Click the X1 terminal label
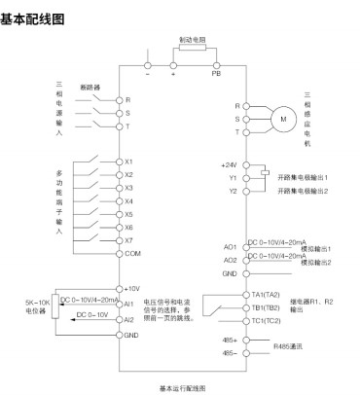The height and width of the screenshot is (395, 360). pyautogui.click(x=129, y=161)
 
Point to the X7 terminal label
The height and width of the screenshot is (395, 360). pyautogui.click(x=129, y=239)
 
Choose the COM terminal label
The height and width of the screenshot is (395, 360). pyautogui.click(x=132, y=253)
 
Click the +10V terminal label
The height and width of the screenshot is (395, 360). pyautogui.click(x=133, y=290)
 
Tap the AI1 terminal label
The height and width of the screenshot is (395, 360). pyautogui.click(x=130, y=304)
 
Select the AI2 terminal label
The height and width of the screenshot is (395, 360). pyautogui.click(x=130, y=319)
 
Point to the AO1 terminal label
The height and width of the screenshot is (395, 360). pyautogui.click(x=231, y=247)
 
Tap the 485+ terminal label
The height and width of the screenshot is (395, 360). pyautogui.click(x=230, y=340)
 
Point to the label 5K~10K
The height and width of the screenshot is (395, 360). pyautogui.click(x=28, y=303)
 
